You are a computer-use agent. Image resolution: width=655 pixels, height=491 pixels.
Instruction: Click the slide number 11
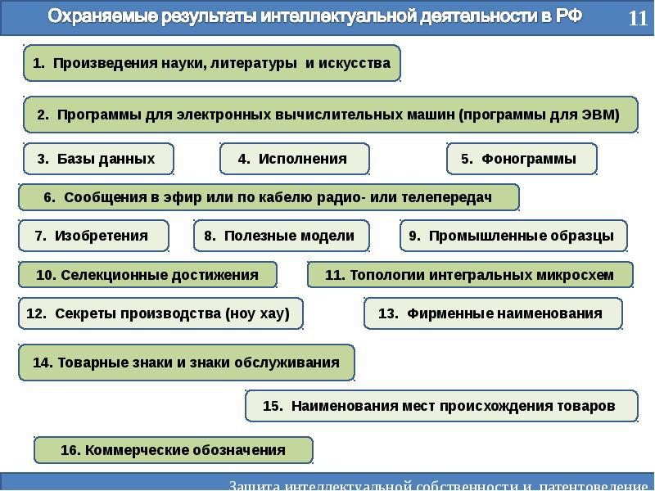[638, 19]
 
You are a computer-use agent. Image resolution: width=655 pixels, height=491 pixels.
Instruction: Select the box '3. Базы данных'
[97, 159]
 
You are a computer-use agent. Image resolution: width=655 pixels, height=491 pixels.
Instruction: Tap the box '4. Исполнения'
[294, 159]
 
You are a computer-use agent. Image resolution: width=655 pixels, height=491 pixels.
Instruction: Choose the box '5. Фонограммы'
[521, 159]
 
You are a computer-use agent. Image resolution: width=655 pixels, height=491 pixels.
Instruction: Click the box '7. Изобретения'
[93, 236]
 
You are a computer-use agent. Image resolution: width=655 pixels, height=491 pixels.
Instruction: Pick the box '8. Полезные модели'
[281, 236]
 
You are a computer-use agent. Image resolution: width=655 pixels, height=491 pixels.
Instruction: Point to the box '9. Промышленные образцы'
[513, 236]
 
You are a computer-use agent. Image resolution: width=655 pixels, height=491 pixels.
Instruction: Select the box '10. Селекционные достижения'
[147, 275]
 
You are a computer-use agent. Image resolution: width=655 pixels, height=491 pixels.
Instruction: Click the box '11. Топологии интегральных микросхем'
[470, 275]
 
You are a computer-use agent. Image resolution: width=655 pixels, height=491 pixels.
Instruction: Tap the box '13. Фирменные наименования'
[492, 313]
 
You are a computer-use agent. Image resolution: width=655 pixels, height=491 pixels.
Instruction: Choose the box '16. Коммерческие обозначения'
[174, 450]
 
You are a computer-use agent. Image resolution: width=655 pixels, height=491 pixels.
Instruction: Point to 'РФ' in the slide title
[567, 17]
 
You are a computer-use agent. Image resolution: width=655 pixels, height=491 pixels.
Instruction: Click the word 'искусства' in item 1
[355, 63]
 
